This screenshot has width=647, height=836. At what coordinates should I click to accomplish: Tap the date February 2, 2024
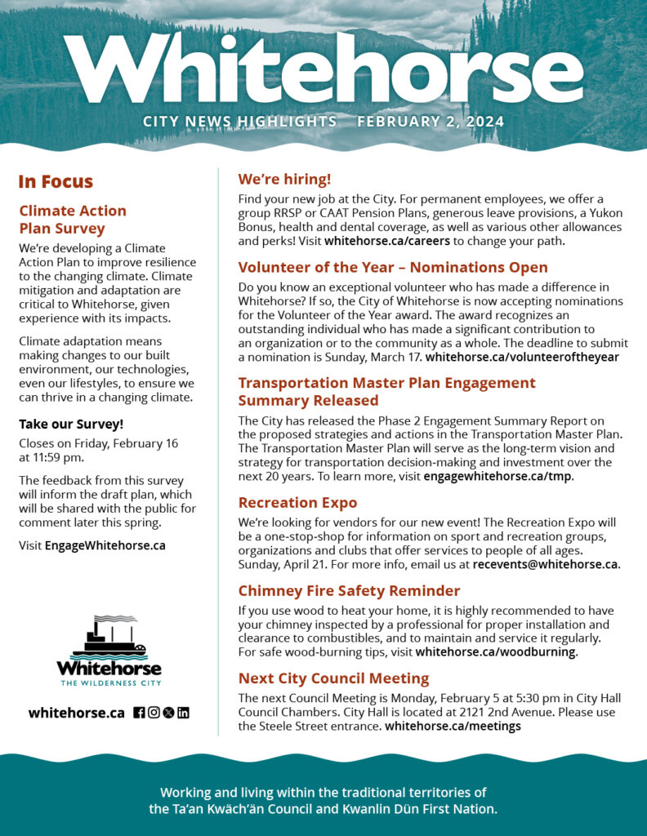pos(431,122)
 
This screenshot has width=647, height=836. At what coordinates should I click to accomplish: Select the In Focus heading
pos(56,181)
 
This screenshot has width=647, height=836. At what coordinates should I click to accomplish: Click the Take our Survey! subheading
pos(71,424)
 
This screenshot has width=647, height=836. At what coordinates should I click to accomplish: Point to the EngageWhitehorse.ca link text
pos(105,545)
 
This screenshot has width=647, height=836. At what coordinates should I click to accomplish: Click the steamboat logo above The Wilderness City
pos(109,638)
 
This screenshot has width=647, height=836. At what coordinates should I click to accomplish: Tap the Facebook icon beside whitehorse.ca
pos(139,713)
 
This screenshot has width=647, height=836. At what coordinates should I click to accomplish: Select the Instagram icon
pos(154,713)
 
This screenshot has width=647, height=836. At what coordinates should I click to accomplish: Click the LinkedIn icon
pos(183,713)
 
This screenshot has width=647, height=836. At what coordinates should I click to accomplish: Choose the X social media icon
pos(168,713)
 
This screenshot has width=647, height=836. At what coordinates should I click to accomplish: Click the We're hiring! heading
pos(284,180)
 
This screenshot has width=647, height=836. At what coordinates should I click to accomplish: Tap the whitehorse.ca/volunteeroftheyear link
pos(522,357)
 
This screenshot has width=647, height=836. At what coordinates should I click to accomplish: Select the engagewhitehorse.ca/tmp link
pos(498,476)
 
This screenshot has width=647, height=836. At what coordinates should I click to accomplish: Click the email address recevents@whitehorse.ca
pos(545,564)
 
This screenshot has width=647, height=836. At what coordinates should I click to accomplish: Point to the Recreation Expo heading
pos(297,502)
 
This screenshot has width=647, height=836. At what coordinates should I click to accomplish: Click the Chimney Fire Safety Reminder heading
pos(349,590)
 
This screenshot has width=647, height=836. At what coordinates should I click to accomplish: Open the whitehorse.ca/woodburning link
pos(496,651)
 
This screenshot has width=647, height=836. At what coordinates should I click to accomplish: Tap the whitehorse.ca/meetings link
pos(453,726)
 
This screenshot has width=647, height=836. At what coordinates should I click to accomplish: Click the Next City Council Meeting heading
pos(333,678)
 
